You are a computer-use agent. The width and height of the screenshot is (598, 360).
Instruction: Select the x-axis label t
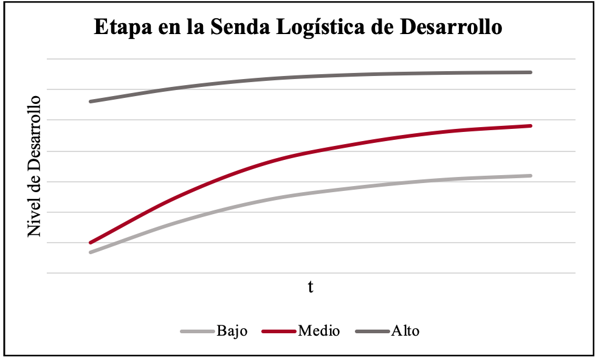coord(310,286)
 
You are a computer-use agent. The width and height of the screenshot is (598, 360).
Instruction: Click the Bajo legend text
coord(232,331)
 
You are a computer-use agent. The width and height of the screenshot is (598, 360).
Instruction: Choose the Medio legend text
coord(318,331)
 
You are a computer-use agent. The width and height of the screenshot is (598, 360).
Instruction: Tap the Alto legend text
coord(405,331)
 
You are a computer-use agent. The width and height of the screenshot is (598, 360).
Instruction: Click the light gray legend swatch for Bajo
coord(197,331)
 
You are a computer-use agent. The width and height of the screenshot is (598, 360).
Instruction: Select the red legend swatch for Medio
coord(279,331)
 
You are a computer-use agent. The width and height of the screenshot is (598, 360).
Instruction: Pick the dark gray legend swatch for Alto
coord(372,331)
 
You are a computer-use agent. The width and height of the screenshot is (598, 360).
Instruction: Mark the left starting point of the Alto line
coord(90,102)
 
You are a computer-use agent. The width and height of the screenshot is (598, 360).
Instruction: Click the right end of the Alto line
coord(531,72)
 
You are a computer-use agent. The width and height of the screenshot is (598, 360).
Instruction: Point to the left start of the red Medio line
coord(90,243)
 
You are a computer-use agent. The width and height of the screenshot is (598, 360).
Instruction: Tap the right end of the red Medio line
coord(531,126)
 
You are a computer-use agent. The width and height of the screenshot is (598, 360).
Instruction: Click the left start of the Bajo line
coord(90,252)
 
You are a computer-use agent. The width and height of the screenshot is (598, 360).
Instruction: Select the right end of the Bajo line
coord(531,176)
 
